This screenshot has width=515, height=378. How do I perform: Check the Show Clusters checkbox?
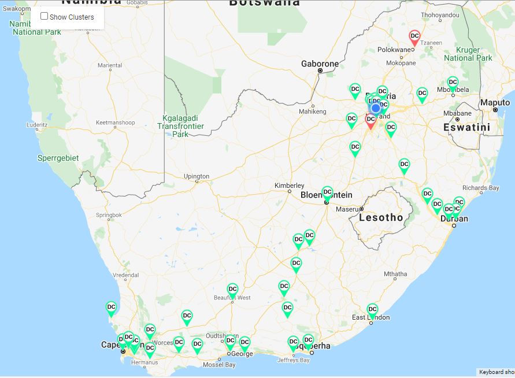pos(44,16)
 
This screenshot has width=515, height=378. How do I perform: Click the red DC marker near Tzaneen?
pos(414,36)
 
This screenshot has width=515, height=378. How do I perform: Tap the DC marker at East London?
pos(372,310)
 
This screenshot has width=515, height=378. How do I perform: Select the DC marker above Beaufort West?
pos(232,289)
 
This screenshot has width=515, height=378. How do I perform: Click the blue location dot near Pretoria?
pos(376,108)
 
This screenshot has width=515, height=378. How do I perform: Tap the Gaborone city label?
pos(320,64)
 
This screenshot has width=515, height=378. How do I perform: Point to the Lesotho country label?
pos(381,218)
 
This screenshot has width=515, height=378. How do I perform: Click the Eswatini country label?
pos(466,127)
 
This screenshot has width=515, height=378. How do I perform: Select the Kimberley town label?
pos(289,186)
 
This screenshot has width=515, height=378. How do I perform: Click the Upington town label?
pos(197,176)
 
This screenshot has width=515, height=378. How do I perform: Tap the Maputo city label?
pos(495,103)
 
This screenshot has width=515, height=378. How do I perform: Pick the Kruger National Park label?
pos(468,54)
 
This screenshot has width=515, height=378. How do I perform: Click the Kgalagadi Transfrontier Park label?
pos(180,126)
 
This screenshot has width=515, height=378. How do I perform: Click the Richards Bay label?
pos(480,188)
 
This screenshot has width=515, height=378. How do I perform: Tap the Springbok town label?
pos(109,215)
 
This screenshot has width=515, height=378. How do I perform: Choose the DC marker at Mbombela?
pos(453,83)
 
